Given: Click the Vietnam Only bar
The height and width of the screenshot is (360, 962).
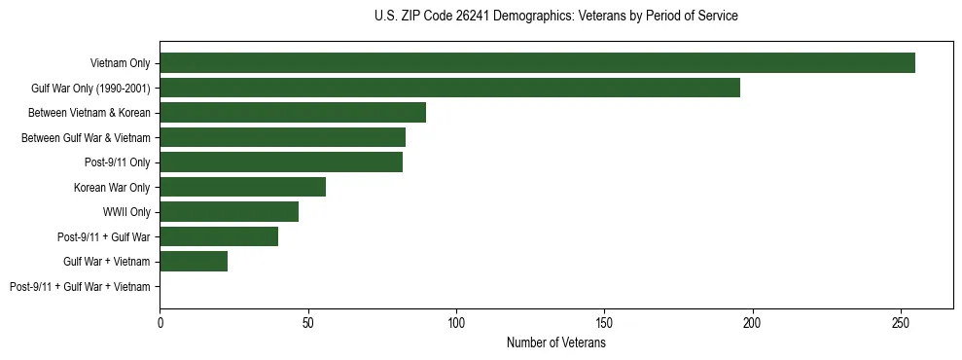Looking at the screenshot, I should (537, 63).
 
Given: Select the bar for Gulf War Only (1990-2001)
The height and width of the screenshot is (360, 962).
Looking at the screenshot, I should (449, 88).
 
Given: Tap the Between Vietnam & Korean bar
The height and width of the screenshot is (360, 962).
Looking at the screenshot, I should (293, 113).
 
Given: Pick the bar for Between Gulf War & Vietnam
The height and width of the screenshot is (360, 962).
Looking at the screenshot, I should (282, 137).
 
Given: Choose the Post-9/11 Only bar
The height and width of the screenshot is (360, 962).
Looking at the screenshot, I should (281, 162).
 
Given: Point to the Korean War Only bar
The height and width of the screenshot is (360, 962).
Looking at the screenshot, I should (242, 187).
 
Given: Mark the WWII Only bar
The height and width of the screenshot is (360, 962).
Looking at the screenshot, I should (229, 212).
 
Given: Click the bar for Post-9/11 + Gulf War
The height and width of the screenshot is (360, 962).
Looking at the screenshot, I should (219, 236).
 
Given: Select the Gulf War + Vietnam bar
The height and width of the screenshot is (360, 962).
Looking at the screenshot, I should (194, 262).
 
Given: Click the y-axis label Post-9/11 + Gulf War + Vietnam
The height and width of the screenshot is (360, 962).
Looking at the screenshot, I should (80, 287).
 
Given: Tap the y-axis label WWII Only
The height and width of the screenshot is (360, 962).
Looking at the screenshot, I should (126, 212).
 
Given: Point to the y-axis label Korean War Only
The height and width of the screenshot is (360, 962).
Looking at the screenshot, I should (112, 187).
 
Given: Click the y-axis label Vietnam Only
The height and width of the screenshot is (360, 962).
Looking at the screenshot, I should (120, 63).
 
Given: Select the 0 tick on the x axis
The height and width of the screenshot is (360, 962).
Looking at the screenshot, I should (160, 322).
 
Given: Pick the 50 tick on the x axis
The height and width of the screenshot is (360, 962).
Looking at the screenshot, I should (308, 322).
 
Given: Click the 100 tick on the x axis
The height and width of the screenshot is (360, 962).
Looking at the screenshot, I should (456, 322).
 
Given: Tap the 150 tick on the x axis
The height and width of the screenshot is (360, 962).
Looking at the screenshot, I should (605, 322).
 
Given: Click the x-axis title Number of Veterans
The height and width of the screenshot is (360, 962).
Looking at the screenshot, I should (556, 342).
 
